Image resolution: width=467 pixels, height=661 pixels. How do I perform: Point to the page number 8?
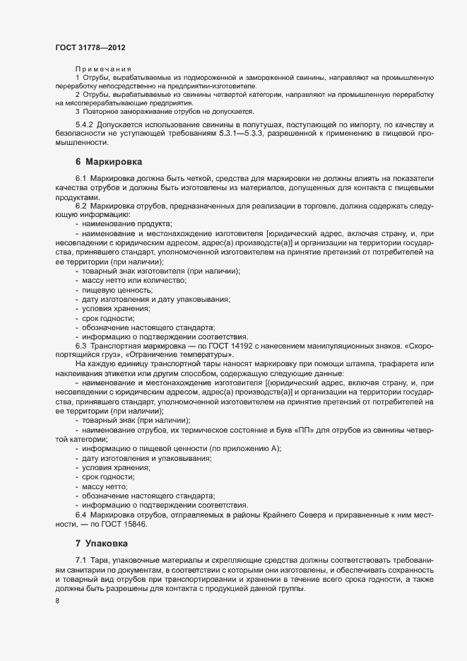(x=57, y=602)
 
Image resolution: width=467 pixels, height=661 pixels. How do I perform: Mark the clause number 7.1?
(x=81, y=560)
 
